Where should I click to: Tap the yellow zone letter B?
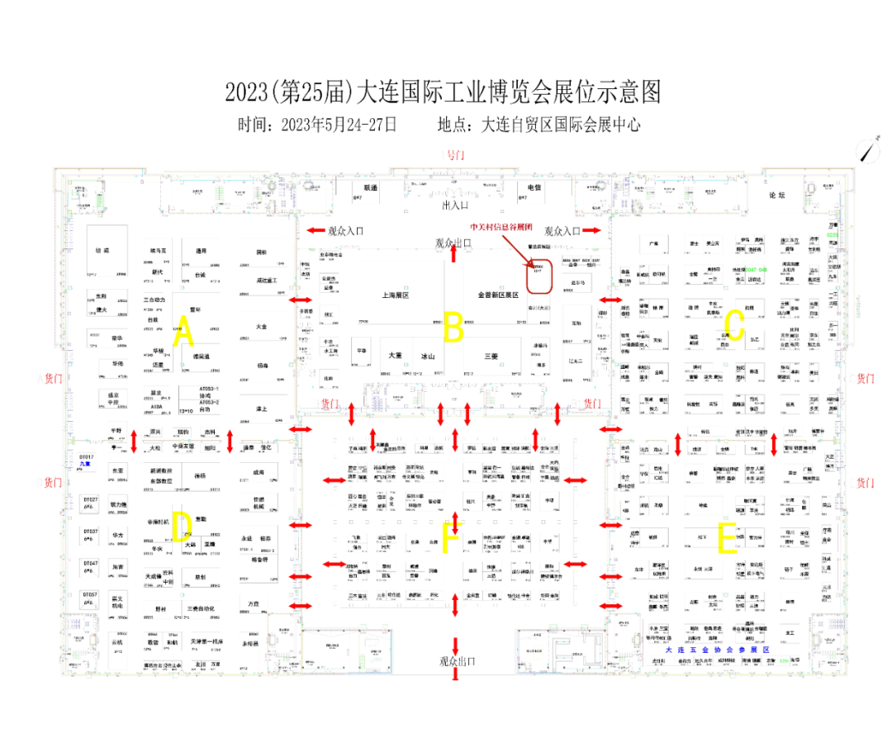(453, 328)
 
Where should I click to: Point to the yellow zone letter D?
(182, 527)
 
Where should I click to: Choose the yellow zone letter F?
(451, 537)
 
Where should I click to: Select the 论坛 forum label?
(778, 196)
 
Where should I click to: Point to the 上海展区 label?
(396, 294)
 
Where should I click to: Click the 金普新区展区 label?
(497, 294)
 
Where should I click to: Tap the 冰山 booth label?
(427, 357)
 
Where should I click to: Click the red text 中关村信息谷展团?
(501, 226)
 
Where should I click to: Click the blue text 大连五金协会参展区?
(722, 650)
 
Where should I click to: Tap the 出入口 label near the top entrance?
(455, 205)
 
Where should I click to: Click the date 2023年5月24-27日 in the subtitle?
(339, 125)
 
